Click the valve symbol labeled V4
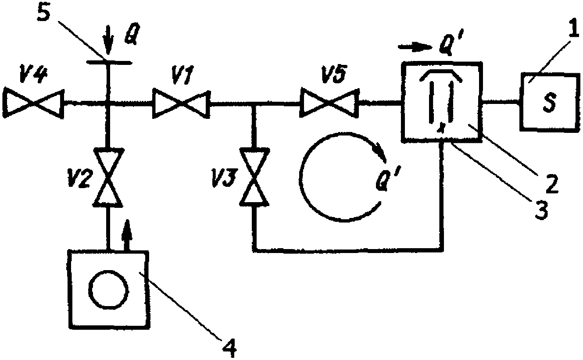34,103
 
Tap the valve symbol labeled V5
330,103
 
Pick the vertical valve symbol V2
108,178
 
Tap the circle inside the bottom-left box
108,289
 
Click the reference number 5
44,12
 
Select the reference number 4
229,348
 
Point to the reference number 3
541,210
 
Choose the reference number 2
552,184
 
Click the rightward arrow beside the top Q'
415,47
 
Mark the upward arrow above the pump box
127,235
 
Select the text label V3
224,179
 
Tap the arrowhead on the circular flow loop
379,155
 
